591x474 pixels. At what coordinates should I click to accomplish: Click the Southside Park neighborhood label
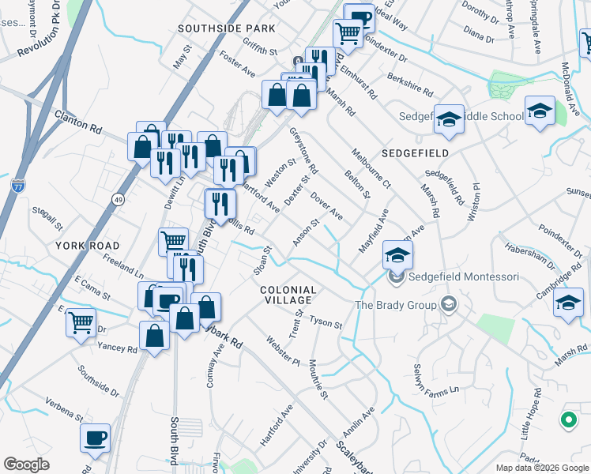point(226,28)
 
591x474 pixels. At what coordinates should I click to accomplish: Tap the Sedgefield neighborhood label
point(415,153)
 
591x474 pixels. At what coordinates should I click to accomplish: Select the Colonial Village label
point(288,295)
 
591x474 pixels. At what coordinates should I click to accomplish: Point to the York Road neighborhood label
point(88,246)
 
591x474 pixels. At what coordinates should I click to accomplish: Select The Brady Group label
point(396,304)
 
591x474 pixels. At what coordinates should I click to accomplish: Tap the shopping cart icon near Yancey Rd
point(81,322)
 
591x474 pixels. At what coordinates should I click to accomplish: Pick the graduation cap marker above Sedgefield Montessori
point(397,254)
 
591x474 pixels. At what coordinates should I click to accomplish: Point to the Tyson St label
point(326,323)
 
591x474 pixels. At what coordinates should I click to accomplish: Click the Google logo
point(26,465)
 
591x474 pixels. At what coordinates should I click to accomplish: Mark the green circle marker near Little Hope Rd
point(568,421)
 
